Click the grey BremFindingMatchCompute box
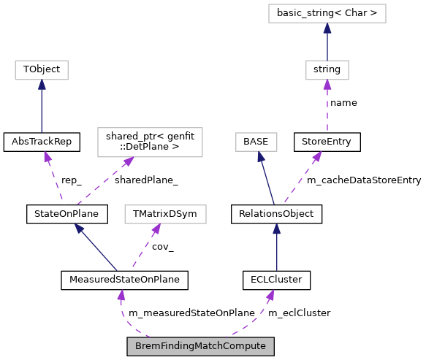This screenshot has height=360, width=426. click(x=200, y=346)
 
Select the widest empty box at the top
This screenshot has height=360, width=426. click(x=327, y=13)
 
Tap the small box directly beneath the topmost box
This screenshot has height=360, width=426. click(x=327, y=70)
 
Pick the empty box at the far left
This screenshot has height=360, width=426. click(x=42, y=70)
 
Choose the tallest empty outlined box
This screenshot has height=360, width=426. click(x=150, y=142)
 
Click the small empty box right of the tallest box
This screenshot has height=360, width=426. click(x=256, y=142)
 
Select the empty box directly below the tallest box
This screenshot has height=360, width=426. click(x=165, y=214)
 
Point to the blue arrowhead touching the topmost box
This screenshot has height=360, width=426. click(x=327, y=28)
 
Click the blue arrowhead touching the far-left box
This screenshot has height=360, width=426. click(x=42, y=85)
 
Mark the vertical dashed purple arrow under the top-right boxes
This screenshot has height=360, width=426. click(x=327, y=110)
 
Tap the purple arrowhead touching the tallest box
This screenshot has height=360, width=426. click(x=129, y=161)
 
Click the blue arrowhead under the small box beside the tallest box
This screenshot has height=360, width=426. click(x=260, y=156)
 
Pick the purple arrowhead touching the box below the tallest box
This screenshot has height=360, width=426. click(x=156, y=229)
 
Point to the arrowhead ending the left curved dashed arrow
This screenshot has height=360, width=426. click(x=121, y=295)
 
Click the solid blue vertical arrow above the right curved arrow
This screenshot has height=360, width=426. click(x=277, y=248)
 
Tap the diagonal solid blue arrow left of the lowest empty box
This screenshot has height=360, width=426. click(x=96, y=248)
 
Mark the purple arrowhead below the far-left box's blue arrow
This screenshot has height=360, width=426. click(x=47, y=156)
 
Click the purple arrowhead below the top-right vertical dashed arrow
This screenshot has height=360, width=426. click(x=317, y=156)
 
